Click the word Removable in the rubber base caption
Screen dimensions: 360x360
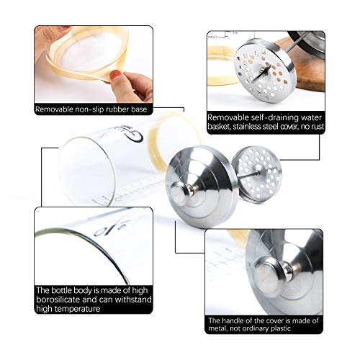(x=54, y=109)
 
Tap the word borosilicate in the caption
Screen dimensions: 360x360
(x=58, y=300)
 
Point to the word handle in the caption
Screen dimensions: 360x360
(x=234, y=320)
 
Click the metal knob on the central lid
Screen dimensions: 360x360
(x=181, y=192)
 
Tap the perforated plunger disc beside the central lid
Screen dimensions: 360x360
(x=256, y=174)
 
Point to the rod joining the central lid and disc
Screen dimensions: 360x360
(x=247, y=175)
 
